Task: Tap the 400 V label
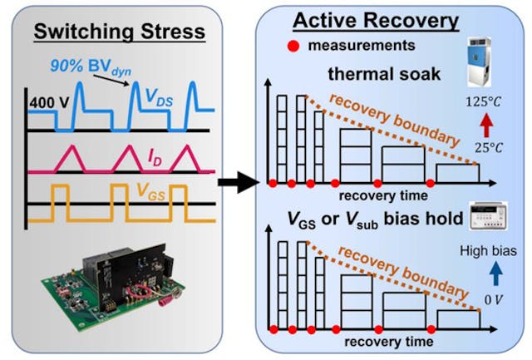pos(47,103)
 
